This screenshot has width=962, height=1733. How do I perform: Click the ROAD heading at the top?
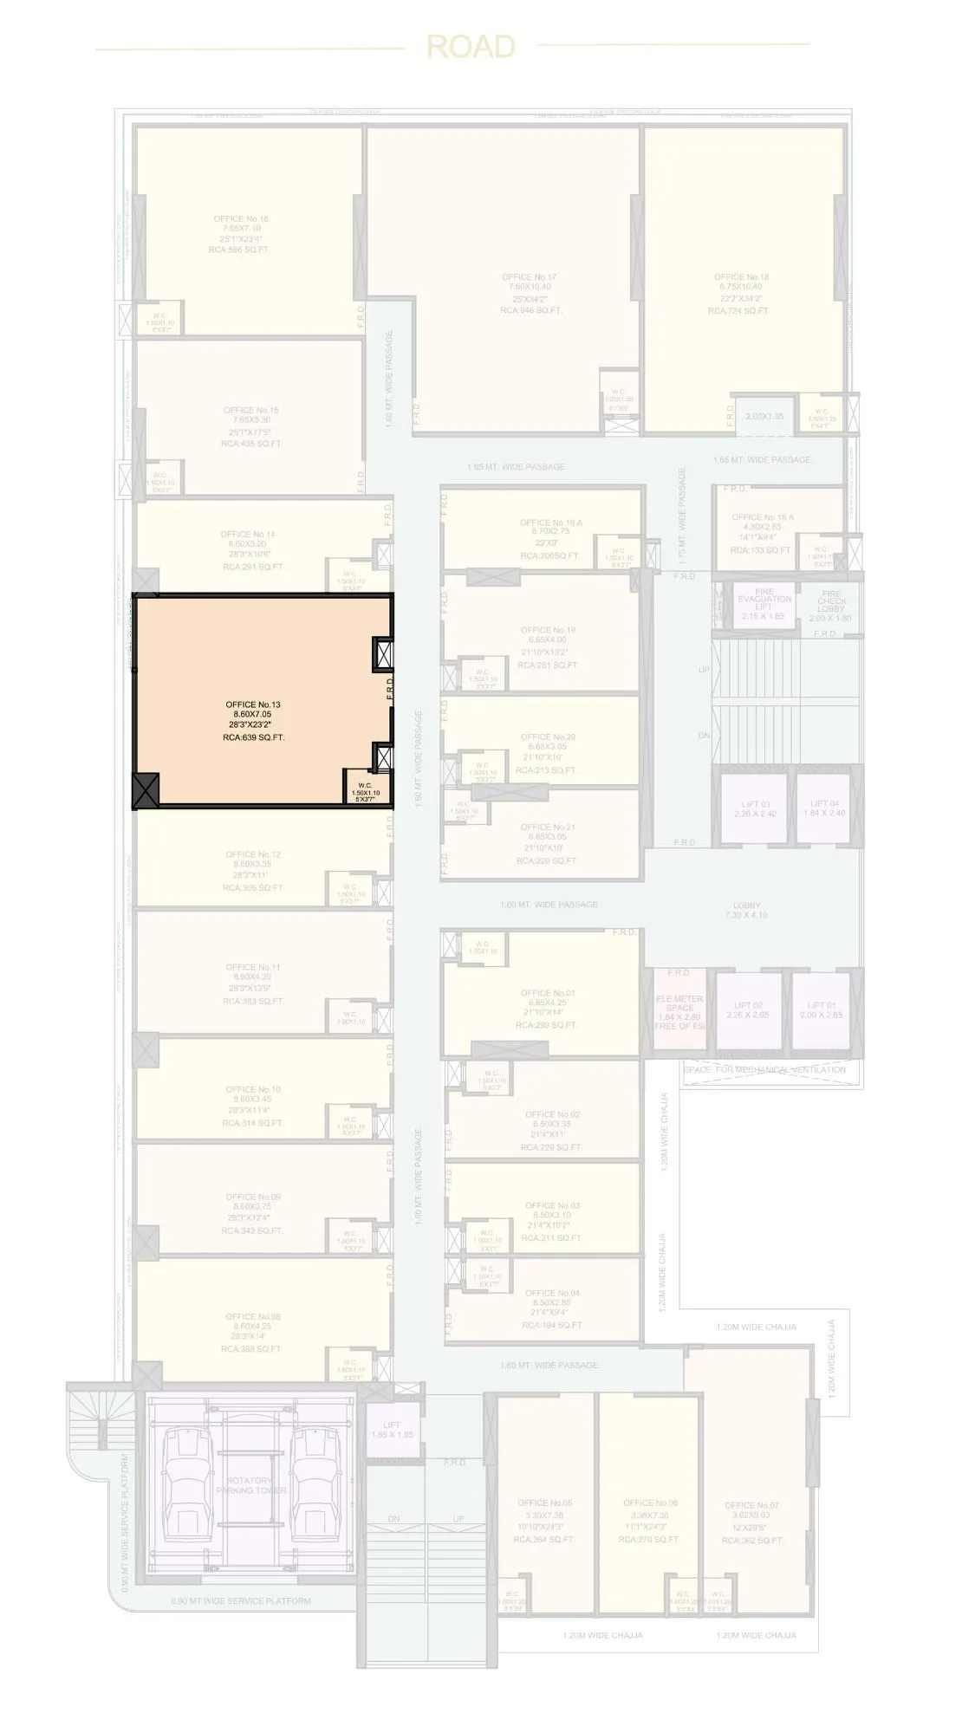471,47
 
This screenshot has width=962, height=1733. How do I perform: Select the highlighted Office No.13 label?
253,721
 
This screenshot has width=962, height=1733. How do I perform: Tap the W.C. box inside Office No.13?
365,789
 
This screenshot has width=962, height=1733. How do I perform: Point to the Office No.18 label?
741,294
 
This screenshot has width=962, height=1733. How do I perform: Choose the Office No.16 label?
240,234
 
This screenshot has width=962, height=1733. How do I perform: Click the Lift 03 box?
755,808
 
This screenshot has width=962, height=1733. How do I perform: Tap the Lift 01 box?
822,1009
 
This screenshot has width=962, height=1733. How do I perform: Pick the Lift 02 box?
747,1009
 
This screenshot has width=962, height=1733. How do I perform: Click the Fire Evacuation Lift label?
764,603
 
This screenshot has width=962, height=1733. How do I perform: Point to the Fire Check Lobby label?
830,606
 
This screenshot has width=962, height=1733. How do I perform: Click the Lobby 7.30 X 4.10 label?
746,910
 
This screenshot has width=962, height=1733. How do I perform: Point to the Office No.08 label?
252,1333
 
